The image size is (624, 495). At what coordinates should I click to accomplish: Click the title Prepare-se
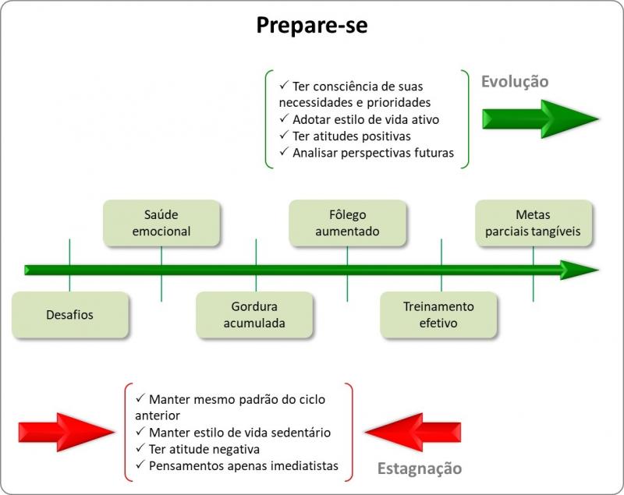tap(311, 26)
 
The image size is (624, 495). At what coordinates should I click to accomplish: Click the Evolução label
tap(515, 82)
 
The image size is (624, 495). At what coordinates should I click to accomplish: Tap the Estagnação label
tap(420, 468)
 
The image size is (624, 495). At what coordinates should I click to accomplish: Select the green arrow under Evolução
tap(541, 119)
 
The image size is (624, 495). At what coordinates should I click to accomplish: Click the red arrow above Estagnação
tap(413, 432)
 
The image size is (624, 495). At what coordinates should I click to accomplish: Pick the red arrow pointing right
tap(66, 432)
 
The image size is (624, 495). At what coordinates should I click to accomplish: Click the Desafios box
tap(70, 315)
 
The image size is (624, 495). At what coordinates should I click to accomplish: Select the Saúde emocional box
tap(161, 223)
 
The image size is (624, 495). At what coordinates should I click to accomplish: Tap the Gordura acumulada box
tap(254, 315)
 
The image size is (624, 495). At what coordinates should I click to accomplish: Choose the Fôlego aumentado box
tap(347, 223)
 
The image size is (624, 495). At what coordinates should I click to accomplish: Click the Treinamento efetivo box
tap(438, 315)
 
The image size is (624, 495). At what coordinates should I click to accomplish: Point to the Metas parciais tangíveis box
tap(534, 223)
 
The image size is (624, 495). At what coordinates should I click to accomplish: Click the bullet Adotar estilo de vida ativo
tap(360, 120)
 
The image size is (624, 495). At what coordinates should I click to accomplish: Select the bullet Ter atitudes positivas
tap(345, 136)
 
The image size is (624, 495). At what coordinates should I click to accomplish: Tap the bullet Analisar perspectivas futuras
tap(367, 153)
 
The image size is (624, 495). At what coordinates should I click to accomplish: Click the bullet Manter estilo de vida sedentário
tap(232, 433)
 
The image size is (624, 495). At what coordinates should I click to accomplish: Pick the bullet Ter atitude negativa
tap(197, 449)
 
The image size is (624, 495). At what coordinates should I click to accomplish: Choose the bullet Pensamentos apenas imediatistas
tap(237, 465)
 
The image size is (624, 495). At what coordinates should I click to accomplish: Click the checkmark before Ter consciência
tap(284, 85)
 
